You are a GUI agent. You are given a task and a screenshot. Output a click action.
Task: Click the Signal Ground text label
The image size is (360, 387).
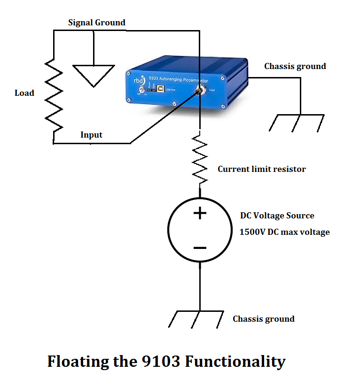coord(97,23)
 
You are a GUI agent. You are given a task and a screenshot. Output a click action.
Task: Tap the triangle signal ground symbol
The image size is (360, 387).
coord(94,74)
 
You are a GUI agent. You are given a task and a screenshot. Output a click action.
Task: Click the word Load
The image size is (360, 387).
coord(24,93)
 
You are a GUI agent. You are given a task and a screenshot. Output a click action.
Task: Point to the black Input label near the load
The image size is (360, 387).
coord(91,135)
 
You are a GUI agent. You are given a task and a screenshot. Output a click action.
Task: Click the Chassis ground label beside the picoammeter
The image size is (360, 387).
coord(295,66)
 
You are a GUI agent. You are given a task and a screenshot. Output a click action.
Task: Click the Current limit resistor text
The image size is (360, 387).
coord(262,169)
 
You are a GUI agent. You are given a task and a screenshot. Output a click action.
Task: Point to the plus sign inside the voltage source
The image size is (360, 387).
coord(200,214)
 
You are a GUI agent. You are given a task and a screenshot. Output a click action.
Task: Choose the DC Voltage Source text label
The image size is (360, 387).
coord(277,216)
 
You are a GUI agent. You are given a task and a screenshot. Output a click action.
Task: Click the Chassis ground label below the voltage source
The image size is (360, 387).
coord(264,319)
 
